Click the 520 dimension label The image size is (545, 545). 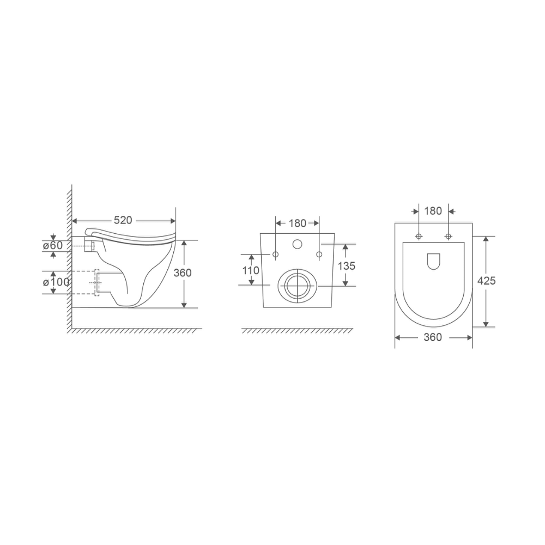coord(123,220)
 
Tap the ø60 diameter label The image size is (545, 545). coord(52,245)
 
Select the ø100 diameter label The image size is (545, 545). coord(56,282)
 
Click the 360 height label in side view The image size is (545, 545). coord(183,273)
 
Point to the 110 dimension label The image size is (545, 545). coord(251,270)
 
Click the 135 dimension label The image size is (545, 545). coord(347,266)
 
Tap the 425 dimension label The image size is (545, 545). coord(486,281)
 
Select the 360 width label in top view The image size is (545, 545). coord(433,337)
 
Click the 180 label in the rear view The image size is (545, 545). coord(297,223)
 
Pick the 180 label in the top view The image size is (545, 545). coord(433,210)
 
